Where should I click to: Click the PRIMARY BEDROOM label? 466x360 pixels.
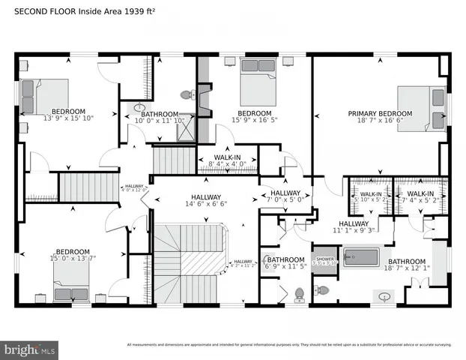pos(380,114)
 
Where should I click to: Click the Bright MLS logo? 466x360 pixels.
pos(30,349)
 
